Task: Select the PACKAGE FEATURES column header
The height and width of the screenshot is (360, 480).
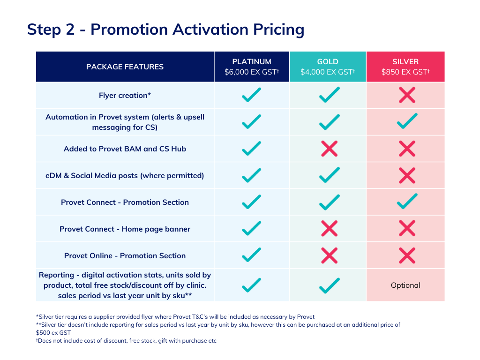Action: tap(125, 67)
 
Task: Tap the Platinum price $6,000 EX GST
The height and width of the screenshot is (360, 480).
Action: tap(252, 72)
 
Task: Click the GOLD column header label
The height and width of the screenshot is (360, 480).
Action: tap(328, 61)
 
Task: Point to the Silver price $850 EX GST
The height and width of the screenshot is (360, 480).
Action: tap(405, 72)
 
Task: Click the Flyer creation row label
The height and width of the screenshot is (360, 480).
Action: tap(125, 96)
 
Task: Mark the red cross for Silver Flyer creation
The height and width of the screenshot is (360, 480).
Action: tap(407, 95)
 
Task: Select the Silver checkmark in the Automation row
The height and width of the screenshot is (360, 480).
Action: tap(407, 121)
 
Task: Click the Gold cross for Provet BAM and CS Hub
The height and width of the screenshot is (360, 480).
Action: tap(330, 149)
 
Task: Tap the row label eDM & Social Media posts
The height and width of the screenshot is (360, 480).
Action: tap(125, 176)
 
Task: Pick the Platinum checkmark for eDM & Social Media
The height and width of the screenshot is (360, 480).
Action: tap(252, 175)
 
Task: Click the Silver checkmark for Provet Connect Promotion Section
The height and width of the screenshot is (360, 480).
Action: tap(407, 202)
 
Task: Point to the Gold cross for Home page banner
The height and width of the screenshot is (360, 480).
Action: tap(330, 229)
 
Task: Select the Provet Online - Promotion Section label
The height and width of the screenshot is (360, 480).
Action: tap(125, 255)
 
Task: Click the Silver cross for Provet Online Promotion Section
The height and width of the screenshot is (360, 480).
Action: tap(407, 255)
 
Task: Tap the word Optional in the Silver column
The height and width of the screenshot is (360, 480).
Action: tap(405, 285)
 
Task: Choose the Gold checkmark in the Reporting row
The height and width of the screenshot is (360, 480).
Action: tap(330, 285)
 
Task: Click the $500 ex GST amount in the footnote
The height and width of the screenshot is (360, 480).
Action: tap(53, 333)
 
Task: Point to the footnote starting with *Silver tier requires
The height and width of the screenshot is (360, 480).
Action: tap(175, 317)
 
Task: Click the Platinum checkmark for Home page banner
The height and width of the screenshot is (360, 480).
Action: tap(252, 228)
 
